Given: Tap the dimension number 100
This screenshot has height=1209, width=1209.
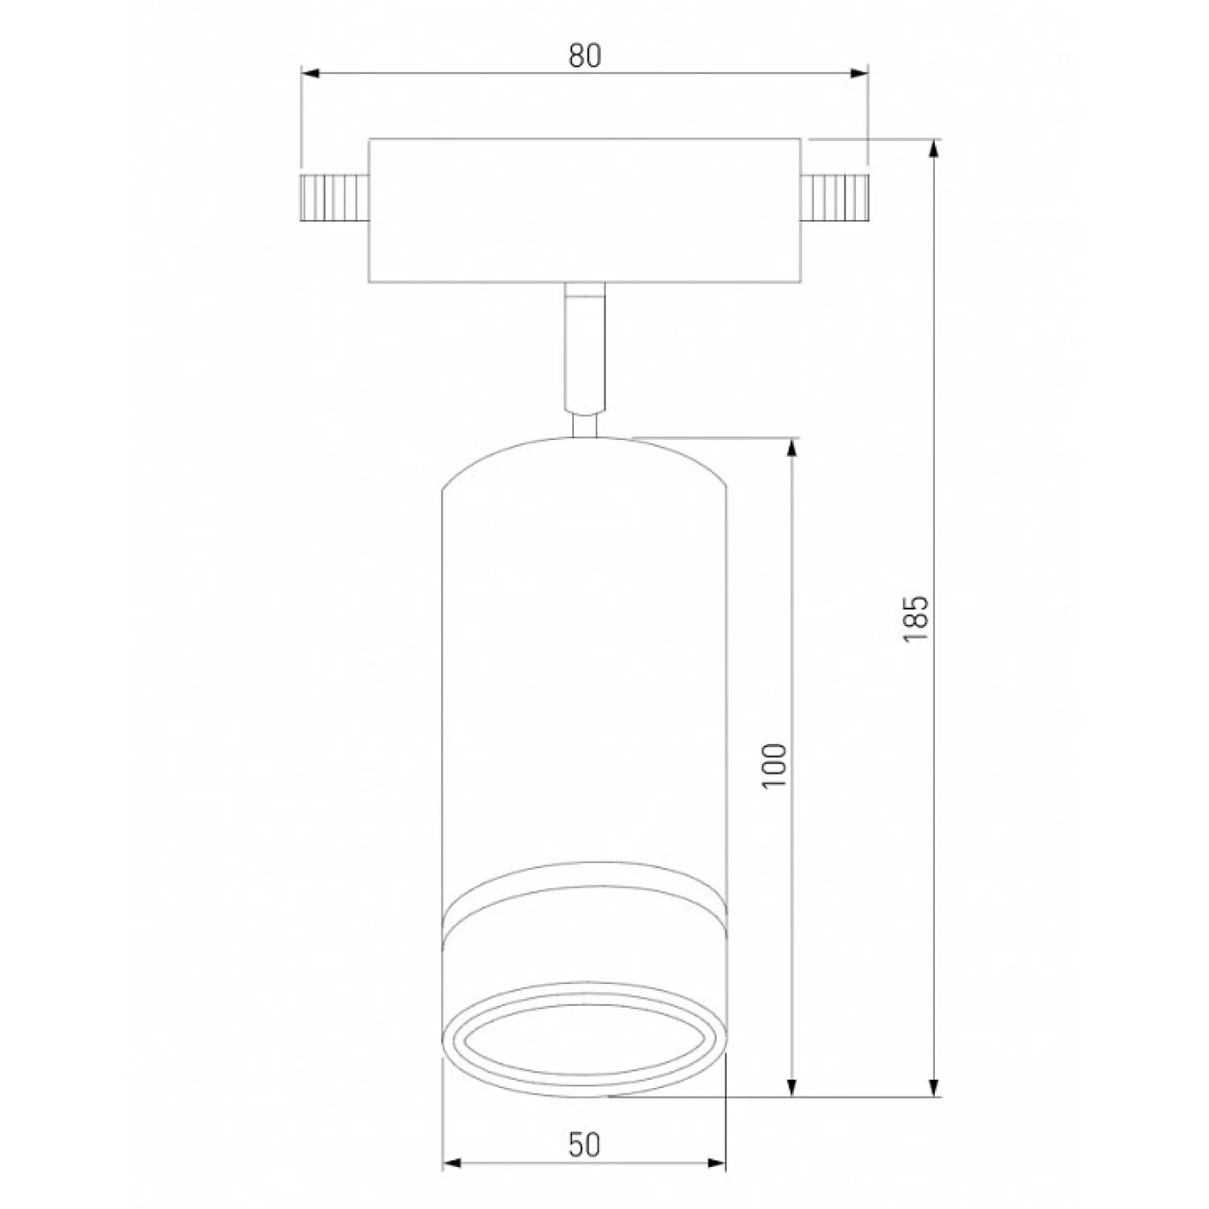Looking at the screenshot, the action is tap(773, 766).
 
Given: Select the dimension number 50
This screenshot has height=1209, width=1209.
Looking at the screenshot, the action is tap(584, 1145).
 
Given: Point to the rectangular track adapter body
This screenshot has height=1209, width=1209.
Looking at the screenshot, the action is tap(585, 210).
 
